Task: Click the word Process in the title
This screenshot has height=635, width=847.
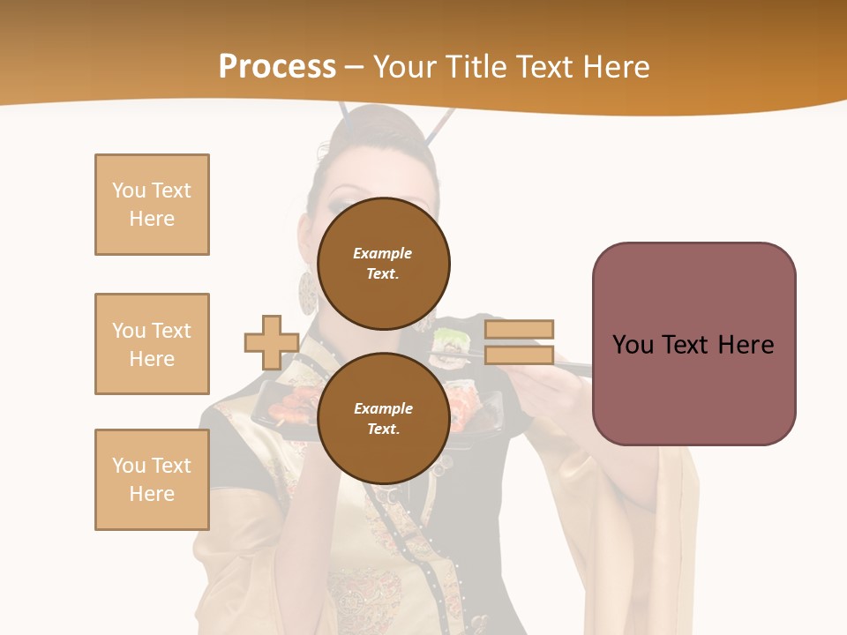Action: pos(277,67)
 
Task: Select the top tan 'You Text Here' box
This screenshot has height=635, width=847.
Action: pos(152,205)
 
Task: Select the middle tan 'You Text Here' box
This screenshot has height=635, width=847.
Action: pos(152,344)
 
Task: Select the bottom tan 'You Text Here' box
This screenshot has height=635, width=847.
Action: pos(152,480)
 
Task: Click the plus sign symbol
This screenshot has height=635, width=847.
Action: pos(271,343)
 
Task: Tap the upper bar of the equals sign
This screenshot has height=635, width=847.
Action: pos(519,329)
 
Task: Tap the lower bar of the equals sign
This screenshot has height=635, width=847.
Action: pos(519,355)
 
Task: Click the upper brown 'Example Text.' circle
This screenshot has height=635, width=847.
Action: pos(383,264)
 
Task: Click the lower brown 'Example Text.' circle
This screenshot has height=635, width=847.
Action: pos(383,419)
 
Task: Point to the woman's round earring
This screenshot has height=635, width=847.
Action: pos(307,293)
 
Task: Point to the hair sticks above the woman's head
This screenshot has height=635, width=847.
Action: pos(441,123)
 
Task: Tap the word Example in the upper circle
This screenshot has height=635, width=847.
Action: pos(383,253)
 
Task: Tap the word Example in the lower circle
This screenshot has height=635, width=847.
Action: pos(383,408)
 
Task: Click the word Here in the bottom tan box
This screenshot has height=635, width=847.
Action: pos(152,494)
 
